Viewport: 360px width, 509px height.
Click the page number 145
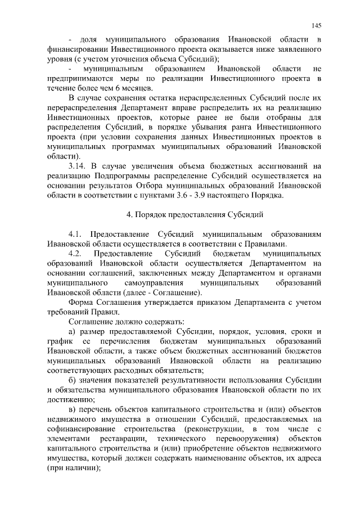click(316, 26)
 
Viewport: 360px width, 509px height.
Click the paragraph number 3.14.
click(76, 166)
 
